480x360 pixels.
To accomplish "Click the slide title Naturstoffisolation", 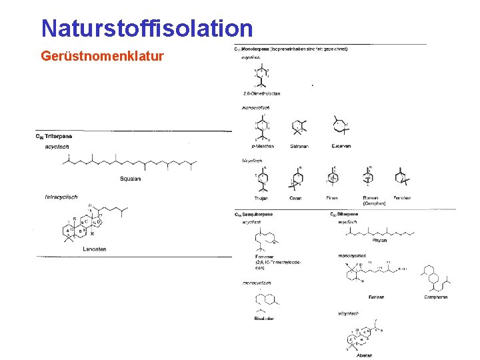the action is point(147,28).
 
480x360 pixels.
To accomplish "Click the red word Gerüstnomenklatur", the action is point(102,56).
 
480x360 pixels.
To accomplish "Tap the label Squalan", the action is point(130,178).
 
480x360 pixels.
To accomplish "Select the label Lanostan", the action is point(95,249).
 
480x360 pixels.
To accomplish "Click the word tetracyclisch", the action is point(61,197).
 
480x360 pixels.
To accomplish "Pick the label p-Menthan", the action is point(262,146).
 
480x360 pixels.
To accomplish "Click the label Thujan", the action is point(261,198).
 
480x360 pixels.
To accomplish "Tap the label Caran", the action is point(295,198).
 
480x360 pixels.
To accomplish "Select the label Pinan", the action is point(333,198).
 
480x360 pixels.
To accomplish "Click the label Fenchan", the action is point(403,198).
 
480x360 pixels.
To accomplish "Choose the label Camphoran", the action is point(436,297).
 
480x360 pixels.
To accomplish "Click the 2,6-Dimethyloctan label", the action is point(261,93).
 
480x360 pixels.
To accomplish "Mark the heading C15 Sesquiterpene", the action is point(253,214).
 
